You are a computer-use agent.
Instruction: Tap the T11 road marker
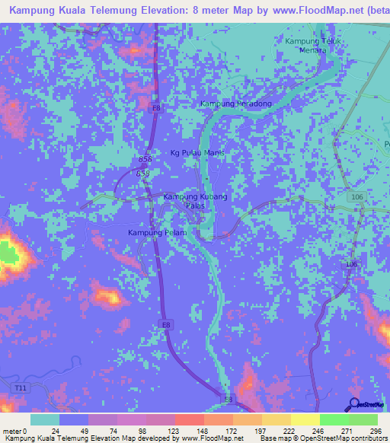point(20,388)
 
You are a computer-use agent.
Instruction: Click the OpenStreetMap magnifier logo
point(354,404)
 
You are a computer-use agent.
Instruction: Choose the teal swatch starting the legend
point(45,420)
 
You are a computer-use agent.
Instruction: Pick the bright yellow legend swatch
point(305,420)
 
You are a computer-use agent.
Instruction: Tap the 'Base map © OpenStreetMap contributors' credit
point(322,438)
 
